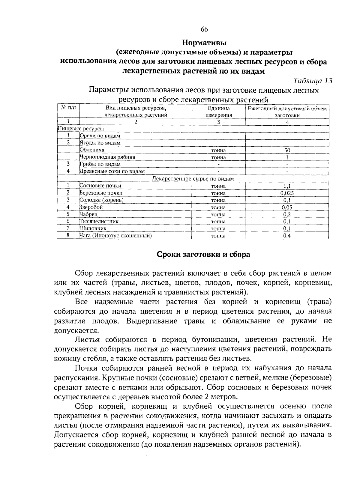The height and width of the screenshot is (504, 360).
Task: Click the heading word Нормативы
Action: coord(204,43)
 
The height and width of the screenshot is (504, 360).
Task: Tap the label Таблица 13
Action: coord(313,81)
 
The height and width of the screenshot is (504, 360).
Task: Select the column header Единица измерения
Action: coord(218,112)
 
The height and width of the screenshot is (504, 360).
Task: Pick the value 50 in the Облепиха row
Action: coord(287,150)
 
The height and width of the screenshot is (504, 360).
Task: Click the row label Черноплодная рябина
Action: coord(107,157)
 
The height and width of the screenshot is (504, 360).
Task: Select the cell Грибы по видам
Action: coord(100,164)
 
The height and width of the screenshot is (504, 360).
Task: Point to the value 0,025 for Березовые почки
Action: coord(287,193)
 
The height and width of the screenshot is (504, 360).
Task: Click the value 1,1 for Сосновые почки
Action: coord(287,186)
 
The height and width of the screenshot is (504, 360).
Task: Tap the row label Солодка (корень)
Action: coord(101,200)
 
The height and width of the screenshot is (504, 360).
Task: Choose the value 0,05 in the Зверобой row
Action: coord(287,207)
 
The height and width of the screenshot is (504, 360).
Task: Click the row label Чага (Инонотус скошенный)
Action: coord(115,236)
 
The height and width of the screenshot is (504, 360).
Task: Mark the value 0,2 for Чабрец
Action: coord(287,215)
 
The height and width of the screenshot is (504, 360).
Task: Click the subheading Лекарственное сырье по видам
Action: coord(193,179)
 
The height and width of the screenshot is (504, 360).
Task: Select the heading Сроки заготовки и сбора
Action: coord(203,255)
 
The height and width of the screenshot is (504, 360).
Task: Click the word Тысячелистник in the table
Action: coord(99,222)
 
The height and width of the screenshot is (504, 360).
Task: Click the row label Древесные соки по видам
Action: coord(112,171)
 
